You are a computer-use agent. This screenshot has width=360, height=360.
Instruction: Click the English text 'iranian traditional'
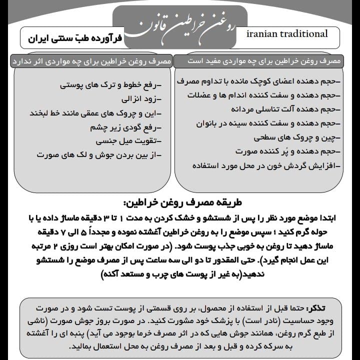(x=287, y=34)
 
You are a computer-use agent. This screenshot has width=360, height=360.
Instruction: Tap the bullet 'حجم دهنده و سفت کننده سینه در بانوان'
(x=267, y=122)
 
